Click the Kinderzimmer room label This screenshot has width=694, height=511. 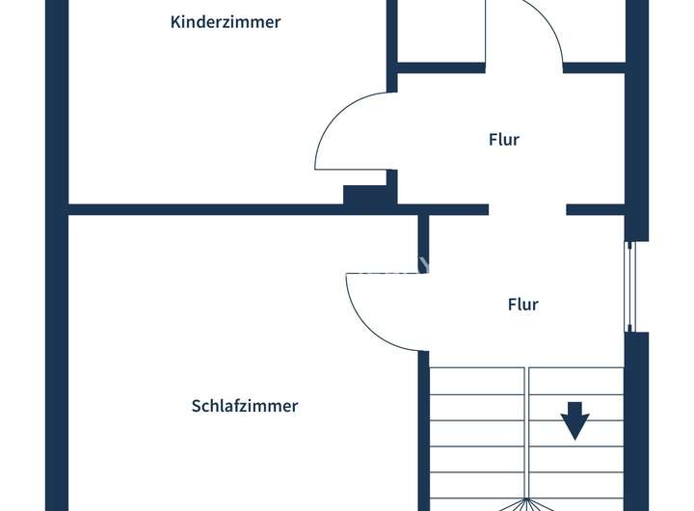(225, 22)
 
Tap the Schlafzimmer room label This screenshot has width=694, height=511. (245, 406)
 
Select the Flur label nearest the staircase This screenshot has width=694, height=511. (522, 305)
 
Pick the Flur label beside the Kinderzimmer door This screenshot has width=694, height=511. (503, 140)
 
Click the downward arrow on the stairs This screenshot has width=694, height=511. (575, 421)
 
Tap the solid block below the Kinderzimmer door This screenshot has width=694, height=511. (367, 194)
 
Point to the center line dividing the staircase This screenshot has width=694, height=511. (526, 434)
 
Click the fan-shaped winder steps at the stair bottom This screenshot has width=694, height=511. (525, 503)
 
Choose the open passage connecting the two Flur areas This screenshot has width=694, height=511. (527, 209)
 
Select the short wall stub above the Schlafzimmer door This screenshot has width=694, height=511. (423, 242)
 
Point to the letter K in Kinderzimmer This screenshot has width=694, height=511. (175, 22)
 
